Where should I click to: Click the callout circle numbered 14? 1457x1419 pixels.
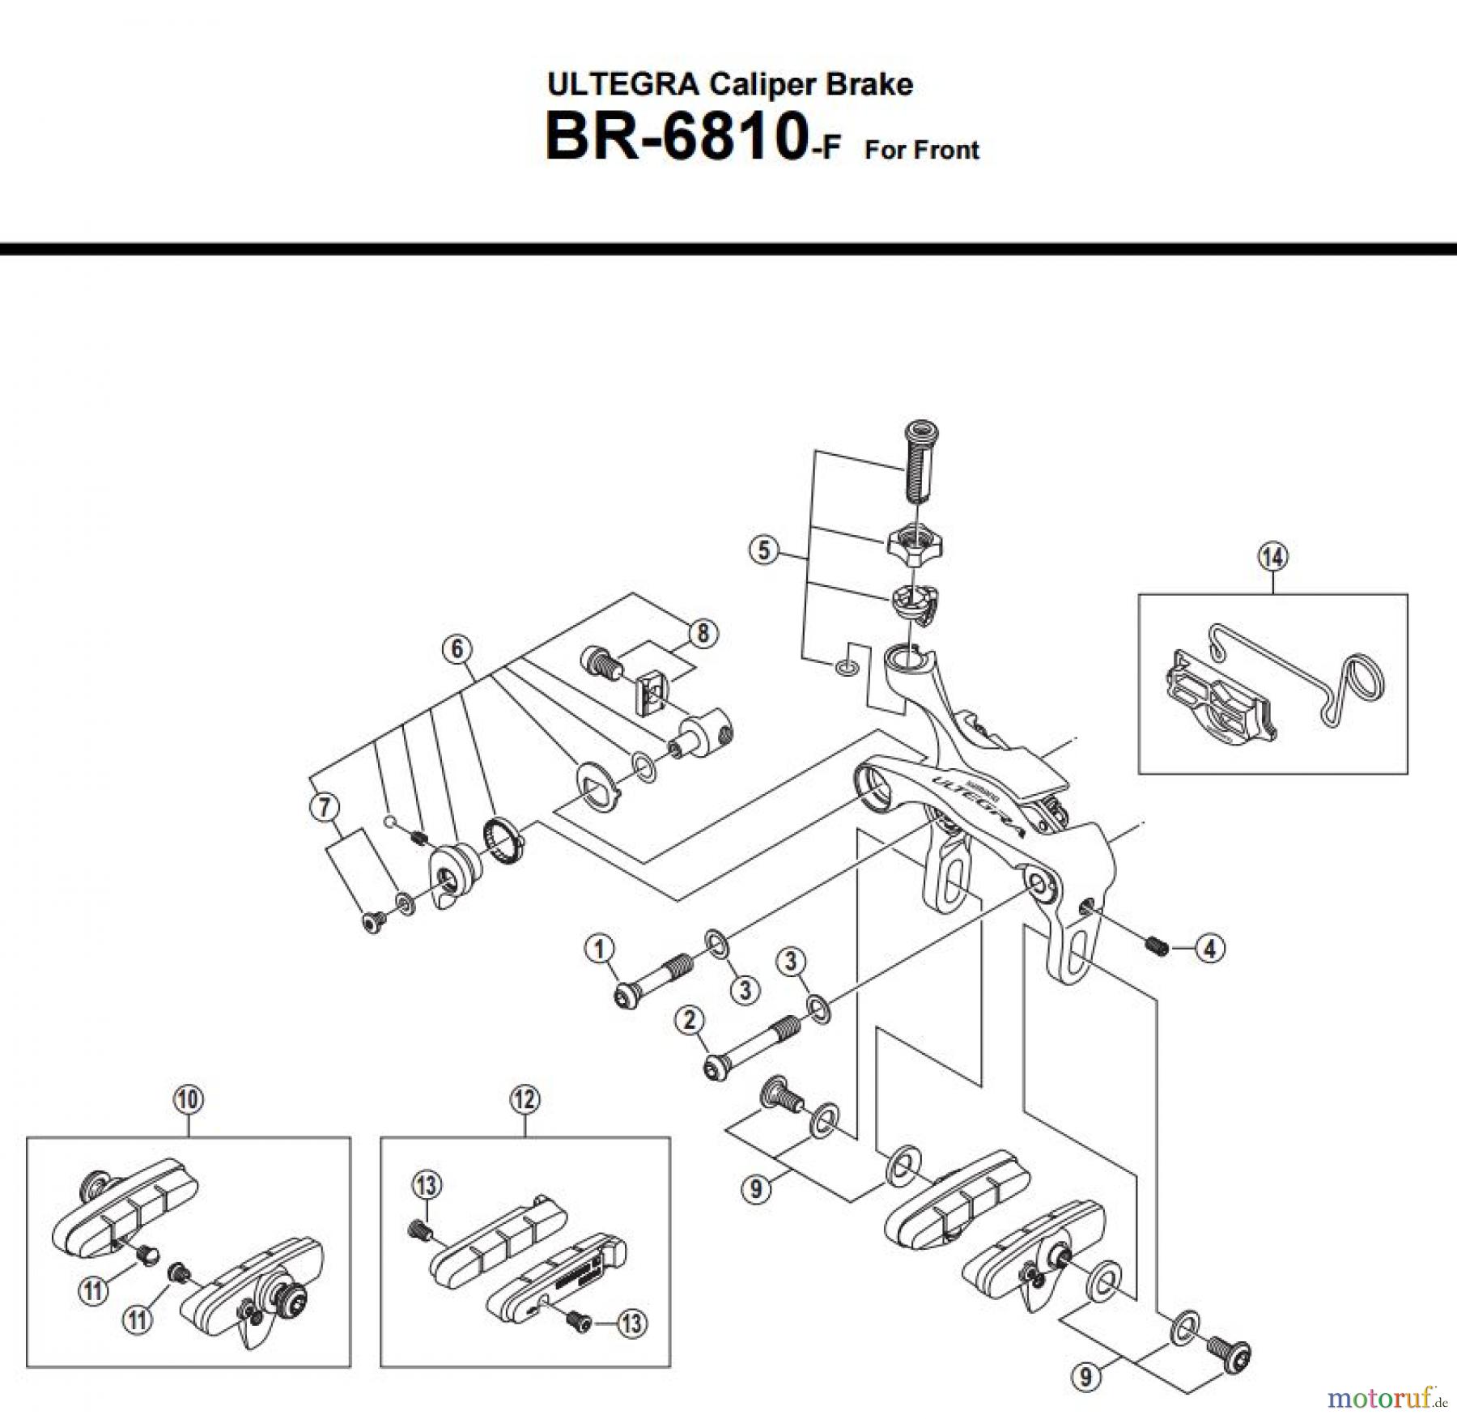point(1272,557)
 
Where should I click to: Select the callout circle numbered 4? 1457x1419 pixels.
point(1210,948)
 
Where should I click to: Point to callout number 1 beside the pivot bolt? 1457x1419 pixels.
point(600,949)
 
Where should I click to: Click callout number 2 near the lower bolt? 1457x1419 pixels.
point(690,1020)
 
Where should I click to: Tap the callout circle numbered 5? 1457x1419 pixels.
point(763,551)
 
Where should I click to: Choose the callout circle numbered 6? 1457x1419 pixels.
point(457,648)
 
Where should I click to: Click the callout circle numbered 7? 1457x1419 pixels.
point(325,807)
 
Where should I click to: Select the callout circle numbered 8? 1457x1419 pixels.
point(702,633)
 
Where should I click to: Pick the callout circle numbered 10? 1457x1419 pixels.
point(188,1099)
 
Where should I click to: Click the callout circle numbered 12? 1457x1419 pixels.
point(525,1099)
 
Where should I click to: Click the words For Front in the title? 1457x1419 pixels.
point(921,151)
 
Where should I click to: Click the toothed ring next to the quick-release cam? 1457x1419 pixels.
point(503,841)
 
